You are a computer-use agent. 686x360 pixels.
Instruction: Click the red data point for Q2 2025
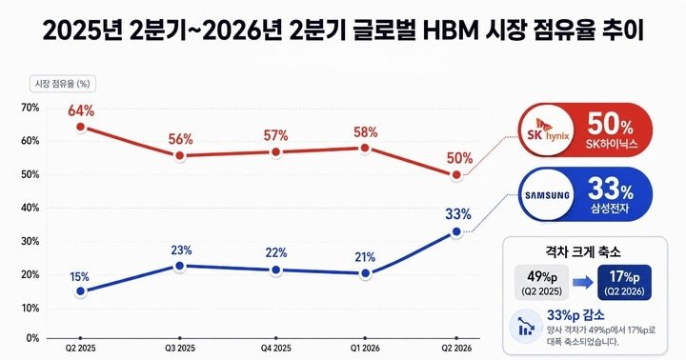click(80, 128)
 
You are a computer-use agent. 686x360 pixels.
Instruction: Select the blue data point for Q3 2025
click(179, 266)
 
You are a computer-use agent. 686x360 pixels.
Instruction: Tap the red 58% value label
click(365, 131)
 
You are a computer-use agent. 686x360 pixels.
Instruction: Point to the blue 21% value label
click(365, 257)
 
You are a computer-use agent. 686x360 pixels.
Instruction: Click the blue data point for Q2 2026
click(456, 231)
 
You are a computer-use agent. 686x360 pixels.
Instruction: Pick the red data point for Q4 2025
click(275, 152)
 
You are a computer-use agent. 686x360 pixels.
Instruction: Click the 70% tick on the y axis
click(30, 108)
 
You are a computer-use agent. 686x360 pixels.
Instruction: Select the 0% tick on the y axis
click(32, 338)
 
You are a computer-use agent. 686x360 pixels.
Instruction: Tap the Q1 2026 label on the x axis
click(365, 349)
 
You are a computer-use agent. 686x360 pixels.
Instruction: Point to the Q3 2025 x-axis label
click(180, 349)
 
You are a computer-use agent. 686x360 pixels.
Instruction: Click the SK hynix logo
click(548, 130)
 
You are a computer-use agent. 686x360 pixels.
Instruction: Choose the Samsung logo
click(547, 195)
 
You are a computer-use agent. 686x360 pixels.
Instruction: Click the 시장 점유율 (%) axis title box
click(63, 84)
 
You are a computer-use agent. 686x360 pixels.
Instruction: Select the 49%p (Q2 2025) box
click(541, 283)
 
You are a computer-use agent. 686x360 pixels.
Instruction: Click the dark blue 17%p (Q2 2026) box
click(624, 283)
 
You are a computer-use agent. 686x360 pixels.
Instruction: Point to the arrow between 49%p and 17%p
click(583, 283)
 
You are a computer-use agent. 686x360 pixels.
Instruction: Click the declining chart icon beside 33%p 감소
click(526, 326)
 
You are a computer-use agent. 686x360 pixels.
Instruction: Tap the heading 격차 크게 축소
click(583, 252)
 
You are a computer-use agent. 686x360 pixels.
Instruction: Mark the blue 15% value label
click(79, 277)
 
